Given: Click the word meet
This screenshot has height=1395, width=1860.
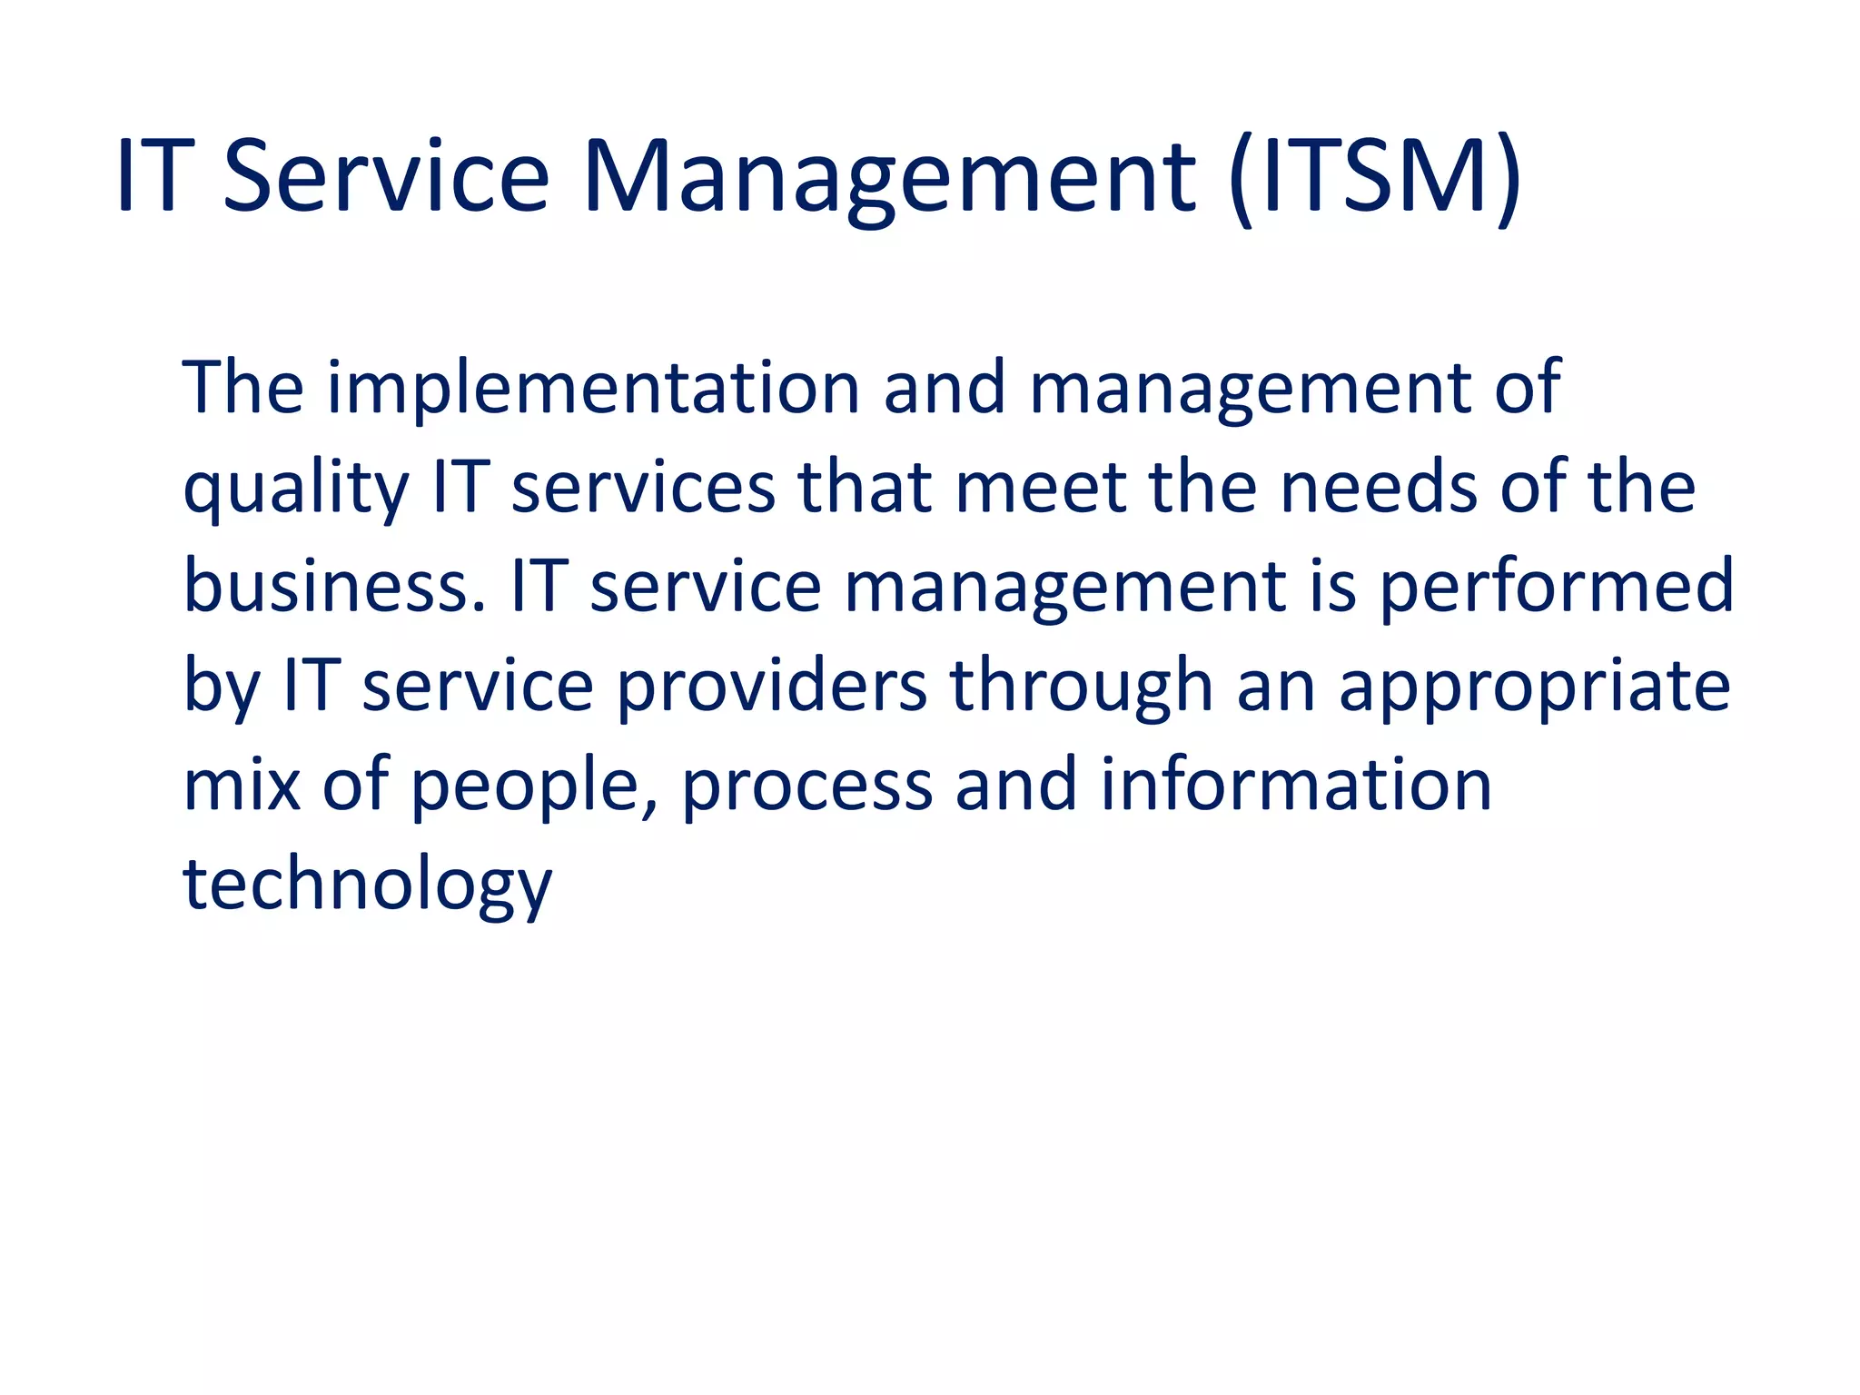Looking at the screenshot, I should pos(1041,488).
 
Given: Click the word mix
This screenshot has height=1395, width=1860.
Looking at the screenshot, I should pos(242,784).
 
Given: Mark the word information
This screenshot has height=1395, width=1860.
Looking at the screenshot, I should pos(1296,784).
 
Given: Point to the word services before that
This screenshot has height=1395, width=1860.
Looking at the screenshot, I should pos(643,488).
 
